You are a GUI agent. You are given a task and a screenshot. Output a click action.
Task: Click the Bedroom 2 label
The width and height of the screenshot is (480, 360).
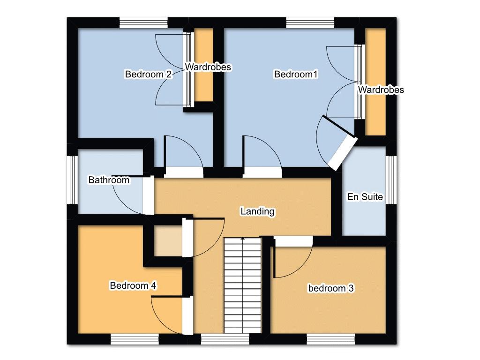pos(148,74)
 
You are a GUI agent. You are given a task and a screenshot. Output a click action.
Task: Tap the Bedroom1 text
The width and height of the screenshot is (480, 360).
pos(296,74)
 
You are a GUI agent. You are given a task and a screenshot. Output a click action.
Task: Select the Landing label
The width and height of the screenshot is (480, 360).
pos(257,211)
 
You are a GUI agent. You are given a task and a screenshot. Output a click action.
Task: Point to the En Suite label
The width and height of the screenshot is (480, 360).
pos(365,196)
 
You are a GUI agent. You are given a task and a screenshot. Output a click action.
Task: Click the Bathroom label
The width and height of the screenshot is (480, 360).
pos(109,180)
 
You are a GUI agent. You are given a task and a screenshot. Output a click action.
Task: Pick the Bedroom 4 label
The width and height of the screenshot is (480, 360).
pos(133,285)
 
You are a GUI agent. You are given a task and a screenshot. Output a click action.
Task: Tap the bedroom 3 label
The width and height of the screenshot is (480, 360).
pos(330,288)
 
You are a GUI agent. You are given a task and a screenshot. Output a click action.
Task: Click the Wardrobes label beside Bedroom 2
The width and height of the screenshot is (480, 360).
pos(208,67)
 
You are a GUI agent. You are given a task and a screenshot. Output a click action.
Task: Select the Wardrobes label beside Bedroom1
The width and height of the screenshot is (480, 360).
pos(381,90)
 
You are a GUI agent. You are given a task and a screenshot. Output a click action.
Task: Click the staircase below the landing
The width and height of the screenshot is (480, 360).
pos(242,285)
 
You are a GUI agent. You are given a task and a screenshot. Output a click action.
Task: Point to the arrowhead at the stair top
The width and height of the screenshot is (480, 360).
pos(242,238)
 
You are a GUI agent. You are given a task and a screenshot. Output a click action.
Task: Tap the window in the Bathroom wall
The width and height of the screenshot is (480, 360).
pos(73,180)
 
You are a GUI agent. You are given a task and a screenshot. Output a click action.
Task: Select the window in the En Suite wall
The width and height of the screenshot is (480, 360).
pos(391,180)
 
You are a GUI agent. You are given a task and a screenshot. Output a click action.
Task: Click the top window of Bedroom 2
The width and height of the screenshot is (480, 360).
pos(143,23)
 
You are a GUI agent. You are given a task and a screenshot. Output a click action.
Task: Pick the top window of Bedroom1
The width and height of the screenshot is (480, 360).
pos(310,23)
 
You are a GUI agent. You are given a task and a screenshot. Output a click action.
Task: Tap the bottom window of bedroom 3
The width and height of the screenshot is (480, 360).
pos(330,339)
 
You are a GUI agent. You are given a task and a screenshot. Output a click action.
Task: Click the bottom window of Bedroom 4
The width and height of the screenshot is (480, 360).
pos(135,339)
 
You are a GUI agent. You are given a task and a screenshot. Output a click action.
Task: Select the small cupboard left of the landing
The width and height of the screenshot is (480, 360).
pos(168,240)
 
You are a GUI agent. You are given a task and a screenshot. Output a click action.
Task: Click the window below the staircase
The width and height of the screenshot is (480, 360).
pos(225,339)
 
